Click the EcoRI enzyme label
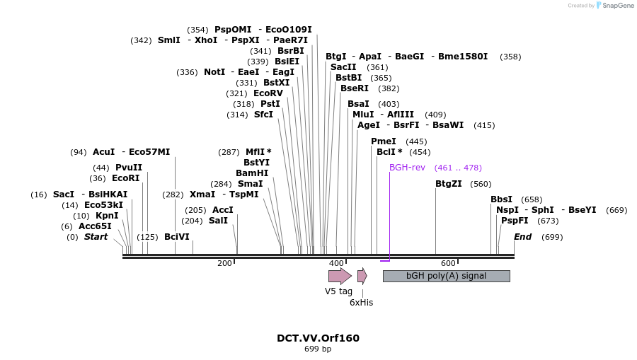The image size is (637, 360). click(x=126, y=178)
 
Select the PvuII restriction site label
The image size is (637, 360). click(x=129, y=168)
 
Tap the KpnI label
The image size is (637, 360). click(x=107, y=216)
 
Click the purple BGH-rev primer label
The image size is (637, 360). click(x=407, y=168)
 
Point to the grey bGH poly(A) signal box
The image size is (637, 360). click(x=446, y=276)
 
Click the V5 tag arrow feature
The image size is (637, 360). click(x=340, y=276)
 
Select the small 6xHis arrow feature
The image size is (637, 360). click(x=362, y=276)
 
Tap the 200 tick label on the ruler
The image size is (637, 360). click(x=224, y=263)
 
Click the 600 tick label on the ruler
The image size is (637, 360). click(x=447, y=263)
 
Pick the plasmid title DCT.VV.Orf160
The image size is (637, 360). click(x=318, y=338)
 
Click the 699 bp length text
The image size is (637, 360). click(x=318, y=349)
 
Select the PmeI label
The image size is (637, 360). click(x=384, y=141)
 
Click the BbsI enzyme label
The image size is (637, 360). click(x=501, y=199)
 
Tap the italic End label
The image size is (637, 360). click(x=522, y=237)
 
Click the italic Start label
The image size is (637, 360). click(x=96, y=237)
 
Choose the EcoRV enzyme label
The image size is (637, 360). click(x=268, y=93)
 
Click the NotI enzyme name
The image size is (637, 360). click(x=214, y=72)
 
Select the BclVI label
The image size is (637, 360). click(x=177, y=237)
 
